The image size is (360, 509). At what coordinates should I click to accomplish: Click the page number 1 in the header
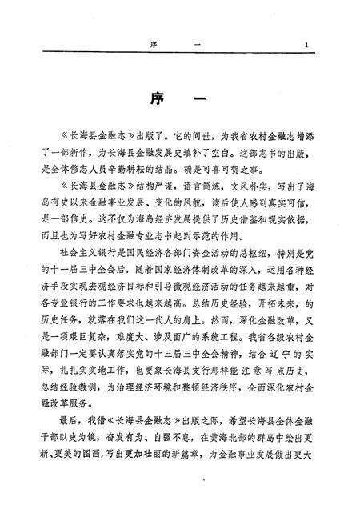(317, 45)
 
